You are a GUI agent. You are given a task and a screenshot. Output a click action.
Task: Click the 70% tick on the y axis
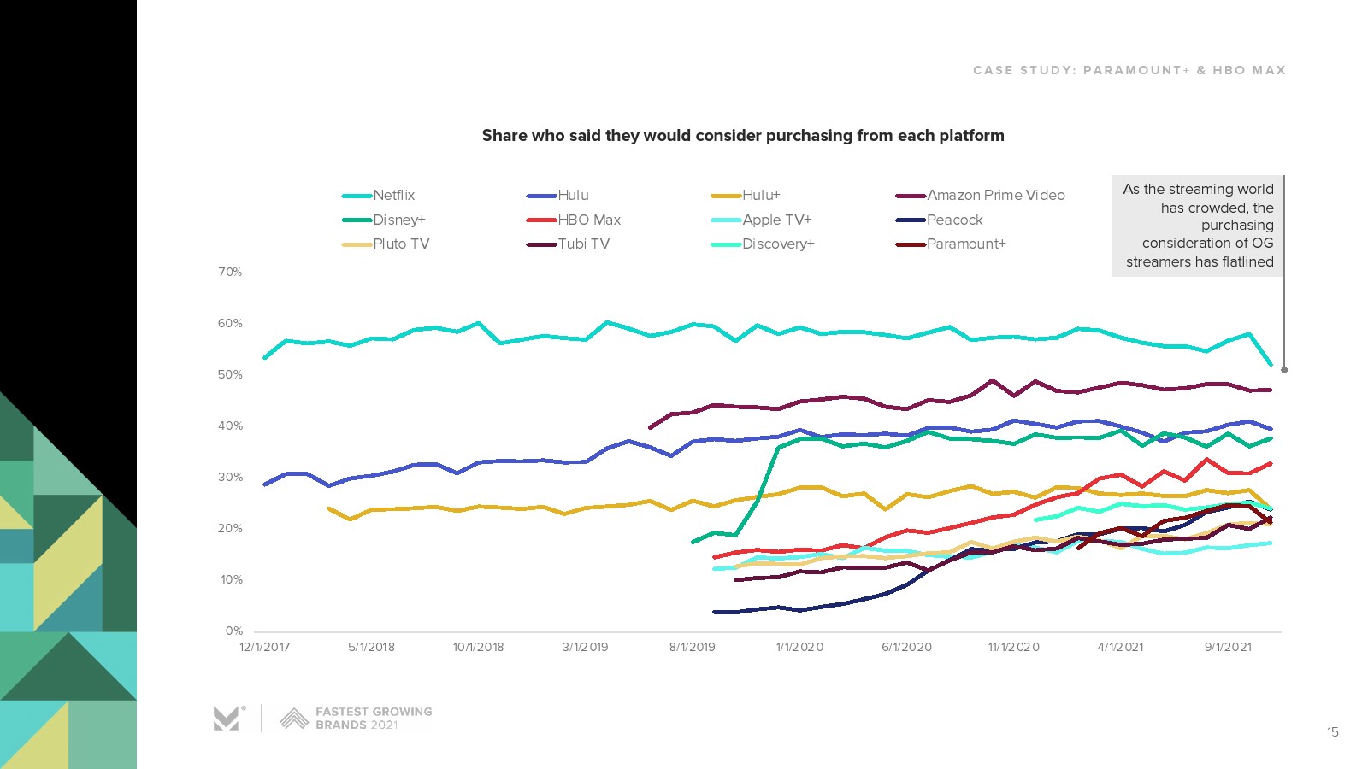230,273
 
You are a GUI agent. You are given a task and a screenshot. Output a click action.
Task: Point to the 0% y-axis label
233,631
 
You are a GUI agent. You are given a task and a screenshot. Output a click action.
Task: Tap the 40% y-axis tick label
230,426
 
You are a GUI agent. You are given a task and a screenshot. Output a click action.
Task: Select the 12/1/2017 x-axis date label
264,647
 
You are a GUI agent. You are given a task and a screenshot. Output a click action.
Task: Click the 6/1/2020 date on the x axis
906,647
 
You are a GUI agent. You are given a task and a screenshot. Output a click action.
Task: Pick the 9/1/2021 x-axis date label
1228,647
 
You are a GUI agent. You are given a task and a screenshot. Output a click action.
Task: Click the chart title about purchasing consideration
743,136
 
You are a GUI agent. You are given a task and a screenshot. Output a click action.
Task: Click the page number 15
1332,732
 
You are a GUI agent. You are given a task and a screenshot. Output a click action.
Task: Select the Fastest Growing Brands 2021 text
373,719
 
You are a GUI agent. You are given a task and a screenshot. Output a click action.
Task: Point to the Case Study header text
1129,70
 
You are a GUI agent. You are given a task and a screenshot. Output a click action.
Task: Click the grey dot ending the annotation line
1284,370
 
